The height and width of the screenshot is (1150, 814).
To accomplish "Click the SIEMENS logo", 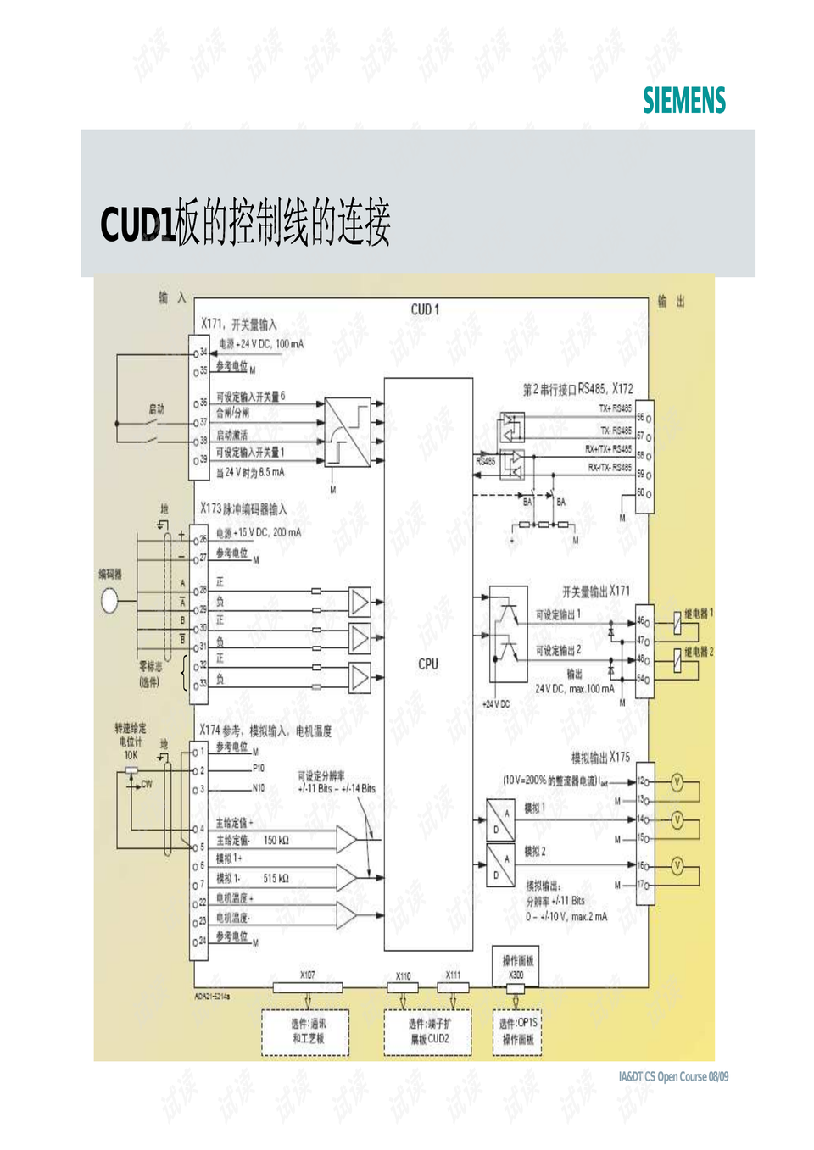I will pyautogui.click(x=683, y=100).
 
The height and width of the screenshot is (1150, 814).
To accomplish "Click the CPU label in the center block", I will pyautogui.click(x=428, y=664).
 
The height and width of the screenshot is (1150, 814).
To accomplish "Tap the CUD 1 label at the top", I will pyautogui.click(x=425, y=309).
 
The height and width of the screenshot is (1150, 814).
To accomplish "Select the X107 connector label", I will pyautogui.click(x=307, y=975).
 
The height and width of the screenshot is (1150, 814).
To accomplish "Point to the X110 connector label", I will pyautogui.click(x=403, y=976).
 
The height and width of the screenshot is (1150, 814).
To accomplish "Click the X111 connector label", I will pyautogui.click(x=454, y=975).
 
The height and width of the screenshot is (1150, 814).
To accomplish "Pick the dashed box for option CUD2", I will pyautogui.click(x=428, y=1031).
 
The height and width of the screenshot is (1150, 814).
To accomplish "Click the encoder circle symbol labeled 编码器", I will pyautogui.click(x=109, y=601).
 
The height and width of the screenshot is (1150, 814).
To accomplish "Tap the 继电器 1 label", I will pyautogui.click(x=699, y=613).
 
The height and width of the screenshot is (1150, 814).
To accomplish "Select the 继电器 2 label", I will pyautogui.click(x=699, y=652).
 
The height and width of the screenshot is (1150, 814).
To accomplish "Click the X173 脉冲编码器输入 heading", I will pyautogui.click(x=243, y=509).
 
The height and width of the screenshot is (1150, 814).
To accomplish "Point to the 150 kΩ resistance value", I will pyautogui.click(x=276, y=840).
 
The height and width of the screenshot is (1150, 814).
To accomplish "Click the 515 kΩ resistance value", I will pyautogui.click(x=276, y=878).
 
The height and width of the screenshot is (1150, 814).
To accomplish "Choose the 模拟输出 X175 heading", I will pyautogui.click(x=600, y=757).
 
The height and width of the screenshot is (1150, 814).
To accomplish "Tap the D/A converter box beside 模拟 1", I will pyautogui.click(x=500, y=819).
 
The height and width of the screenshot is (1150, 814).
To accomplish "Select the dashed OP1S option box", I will pyautogui.click(x=517, y=1031).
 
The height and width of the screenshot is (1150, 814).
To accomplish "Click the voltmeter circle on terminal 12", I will pyautogui.click(x=677, y=782).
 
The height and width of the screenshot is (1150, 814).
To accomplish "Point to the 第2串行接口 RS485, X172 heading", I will pyautogui.click(x=577, y=389).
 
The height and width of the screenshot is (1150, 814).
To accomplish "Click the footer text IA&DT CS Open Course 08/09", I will pyautogui.click(x=673, y=1076).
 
